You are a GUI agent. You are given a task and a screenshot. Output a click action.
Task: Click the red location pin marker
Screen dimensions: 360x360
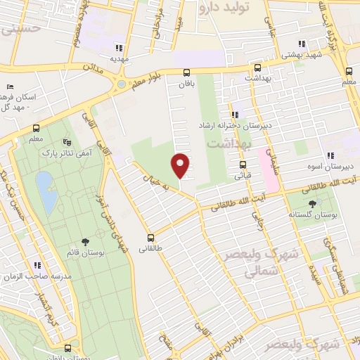(x=181, y=165)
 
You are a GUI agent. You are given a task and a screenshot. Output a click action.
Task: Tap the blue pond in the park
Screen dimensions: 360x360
(x=46, y=192)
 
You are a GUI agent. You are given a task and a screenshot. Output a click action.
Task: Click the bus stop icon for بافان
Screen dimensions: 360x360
(x=186, y=72)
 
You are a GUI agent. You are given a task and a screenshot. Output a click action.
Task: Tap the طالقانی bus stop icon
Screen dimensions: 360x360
(x=150, y=237)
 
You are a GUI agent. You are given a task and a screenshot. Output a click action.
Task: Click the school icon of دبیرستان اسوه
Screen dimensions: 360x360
(x=329, y=156)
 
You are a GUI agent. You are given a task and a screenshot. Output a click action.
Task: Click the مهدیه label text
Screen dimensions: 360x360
(x=118, y=59)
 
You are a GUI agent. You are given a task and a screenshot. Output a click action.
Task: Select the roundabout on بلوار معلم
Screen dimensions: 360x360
(x=121, y=84)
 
